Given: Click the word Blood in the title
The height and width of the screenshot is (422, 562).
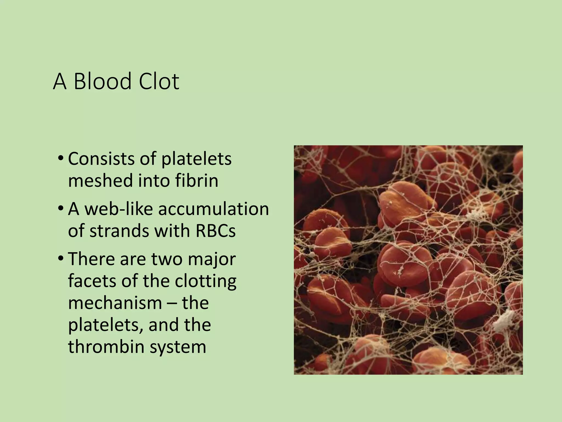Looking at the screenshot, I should (102, 82).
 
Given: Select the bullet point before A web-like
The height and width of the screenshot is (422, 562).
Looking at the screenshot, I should (61, 209).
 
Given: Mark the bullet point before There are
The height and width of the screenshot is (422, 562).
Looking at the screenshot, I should (61, 259).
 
